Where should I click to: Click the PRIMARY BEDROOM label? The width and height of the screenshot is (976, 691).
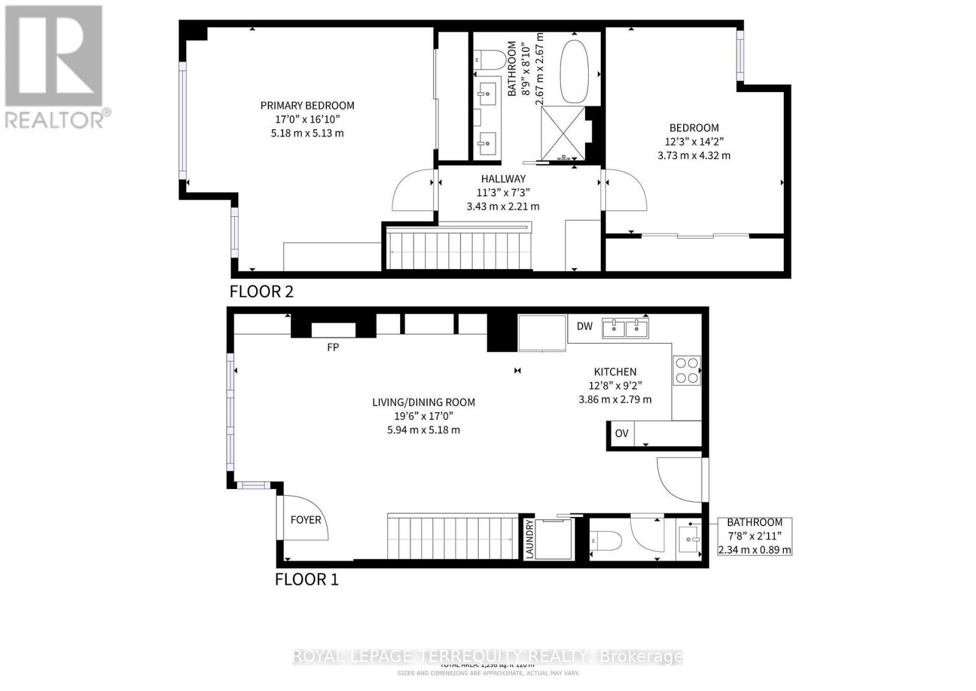pyautogui.click(x=307, y=106)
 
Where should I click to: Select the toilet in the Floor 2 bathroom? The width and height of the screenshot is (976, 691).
pyautogui.click(x=490, y=60)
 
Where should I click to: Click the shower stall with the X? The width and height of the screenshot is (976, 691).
pyautogui.click(x=563, y=133)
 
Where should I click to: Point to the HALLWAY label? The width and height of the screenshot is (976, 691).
pyautogui.click(x=503, y=179)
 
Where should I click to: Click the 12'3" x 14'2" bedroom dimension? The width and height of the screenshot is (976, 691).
pyautogui.click(x=694, y=142)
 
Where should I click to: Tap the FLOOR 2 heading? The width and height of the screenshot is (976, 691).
pyautogui.click(x=261, y=291)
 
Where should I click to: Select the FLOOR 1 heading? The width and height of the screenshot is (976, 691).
pyautogui.click(x=306, y=579)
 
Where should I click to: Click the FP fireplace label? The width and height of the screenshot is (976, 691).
pyautogui.click(x=332, y=347)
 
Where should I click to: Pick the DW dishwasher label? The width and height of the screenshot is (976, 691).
pyautogui.click(x=584, y=326)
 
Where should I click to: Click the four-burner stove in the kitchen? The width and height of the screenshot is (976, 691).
pyautogui.click(x=686, y=370)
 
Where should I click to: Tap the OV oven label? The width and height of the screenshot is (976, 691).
pyautogui.click(x=621, y=433)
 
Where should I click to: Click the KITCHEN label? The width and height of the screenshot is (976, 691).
pyautogui.click(x=615, y=372)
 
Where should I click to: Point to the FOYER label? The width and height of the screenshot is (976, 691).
pyautogui.click(x=305, y=519)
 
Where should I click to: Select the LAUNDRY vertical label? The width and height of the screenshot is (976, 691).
pyautogui.click(x=529, y=538)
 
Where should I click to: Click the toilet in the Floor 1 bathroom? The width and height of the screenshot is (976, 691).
pyautogui.click(x=605, y=540)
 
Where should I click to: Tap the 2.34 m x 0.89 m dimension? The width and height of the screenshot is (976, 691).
pyautogui.click(x=754, y=550)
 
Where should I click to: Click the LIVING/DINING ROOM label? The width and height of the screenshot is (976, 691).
pyautogui.click(x=423, y=402)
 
